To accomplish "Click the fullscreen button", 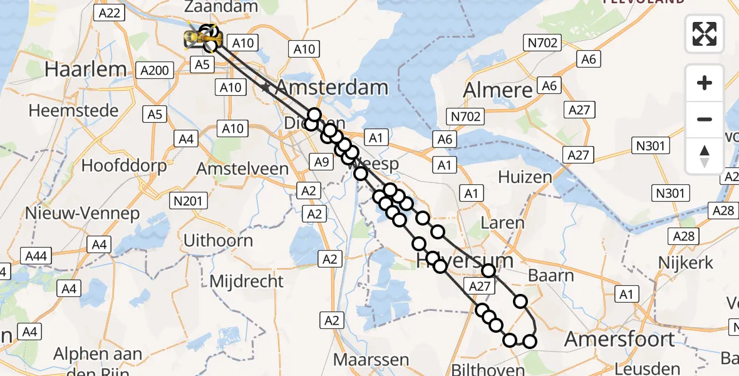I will coord(705,34).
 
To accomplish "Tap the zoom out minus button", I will coord(705,119).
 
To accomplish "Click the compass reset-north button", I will coord(705,156).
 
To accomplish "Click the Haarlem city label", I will coord(86,69).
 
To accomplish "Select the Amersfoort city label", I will coord(619,340).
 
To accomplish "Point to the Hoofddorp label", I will coord(124,165).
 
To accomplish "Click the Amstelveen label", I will coord(242,169).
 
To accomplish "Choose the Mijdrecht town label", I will coord(246,281).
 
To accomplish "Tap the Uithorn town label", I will coord(218,240).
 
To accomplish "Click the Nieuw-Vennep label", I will coord(82,213).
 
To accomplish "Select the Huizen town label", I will coord(525,177).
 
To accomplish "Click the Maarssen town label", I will coord(371,360).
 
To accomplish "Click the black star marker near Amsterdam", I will coord(266,88).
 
